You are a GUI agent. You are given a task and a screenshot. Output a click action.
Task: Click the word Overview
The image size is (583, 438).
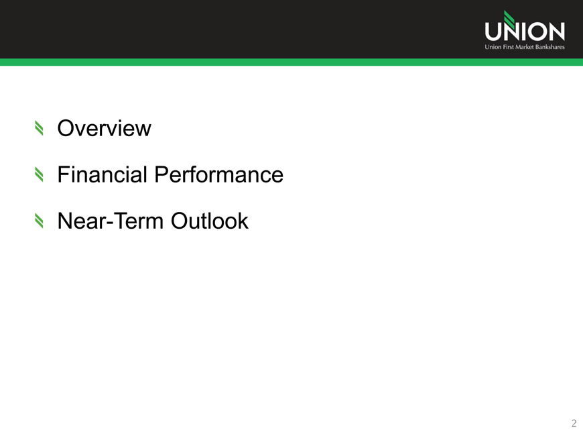104,128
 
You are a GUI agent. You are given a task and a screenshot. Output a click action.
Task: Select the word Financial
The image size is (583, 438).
103,174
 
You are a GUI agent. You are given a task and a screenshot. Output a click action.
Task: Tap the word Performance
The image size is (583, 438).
218,174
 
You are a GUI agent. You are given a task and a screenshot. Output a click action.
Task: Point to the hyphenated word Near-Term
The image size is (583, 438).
111,221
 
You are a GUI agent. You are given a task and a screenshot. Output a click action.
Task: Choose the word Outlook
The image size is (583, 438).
209,221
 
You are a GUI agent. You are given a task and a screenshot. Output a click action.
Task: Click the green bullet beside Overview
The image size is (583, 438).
39,128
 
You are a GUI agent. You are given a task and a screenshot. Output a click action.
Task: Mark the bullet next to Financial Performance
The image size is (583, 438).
39,174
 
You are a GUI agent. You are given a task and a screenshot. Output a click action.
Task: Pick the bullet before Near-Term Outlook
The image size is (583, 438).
39,221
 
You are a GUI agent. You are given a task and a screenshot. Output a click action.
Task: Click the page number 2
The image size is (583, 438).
574,423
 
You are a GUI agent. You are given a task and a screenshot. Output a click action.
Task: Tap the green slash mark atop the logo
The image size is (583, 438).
509,19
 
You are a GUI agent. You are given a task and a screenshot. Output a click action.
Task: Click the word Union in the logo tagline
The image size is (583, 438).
493,47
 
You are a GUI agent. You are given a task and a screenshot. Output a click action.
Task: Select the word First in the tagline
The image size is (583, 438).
508,47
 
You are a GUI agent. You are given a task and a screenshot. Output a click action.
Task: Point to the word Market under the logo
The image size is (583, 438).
525,47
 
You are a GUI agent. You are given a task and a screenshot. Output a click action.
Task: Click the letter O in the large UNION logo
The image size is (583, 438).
535,32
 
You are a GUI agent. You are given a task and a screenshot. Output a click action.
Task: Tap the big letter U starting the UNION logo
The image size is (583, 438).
493,32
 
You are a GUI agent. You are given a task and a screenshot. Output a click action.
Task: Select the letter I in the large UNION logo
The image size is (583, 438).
520,32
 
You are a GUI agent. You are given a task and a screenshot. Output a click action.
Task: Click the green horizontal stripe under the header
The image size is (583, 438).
291,62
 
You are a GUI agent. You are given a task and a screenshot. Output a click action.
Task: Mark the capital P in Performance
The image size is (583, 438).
161,174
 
